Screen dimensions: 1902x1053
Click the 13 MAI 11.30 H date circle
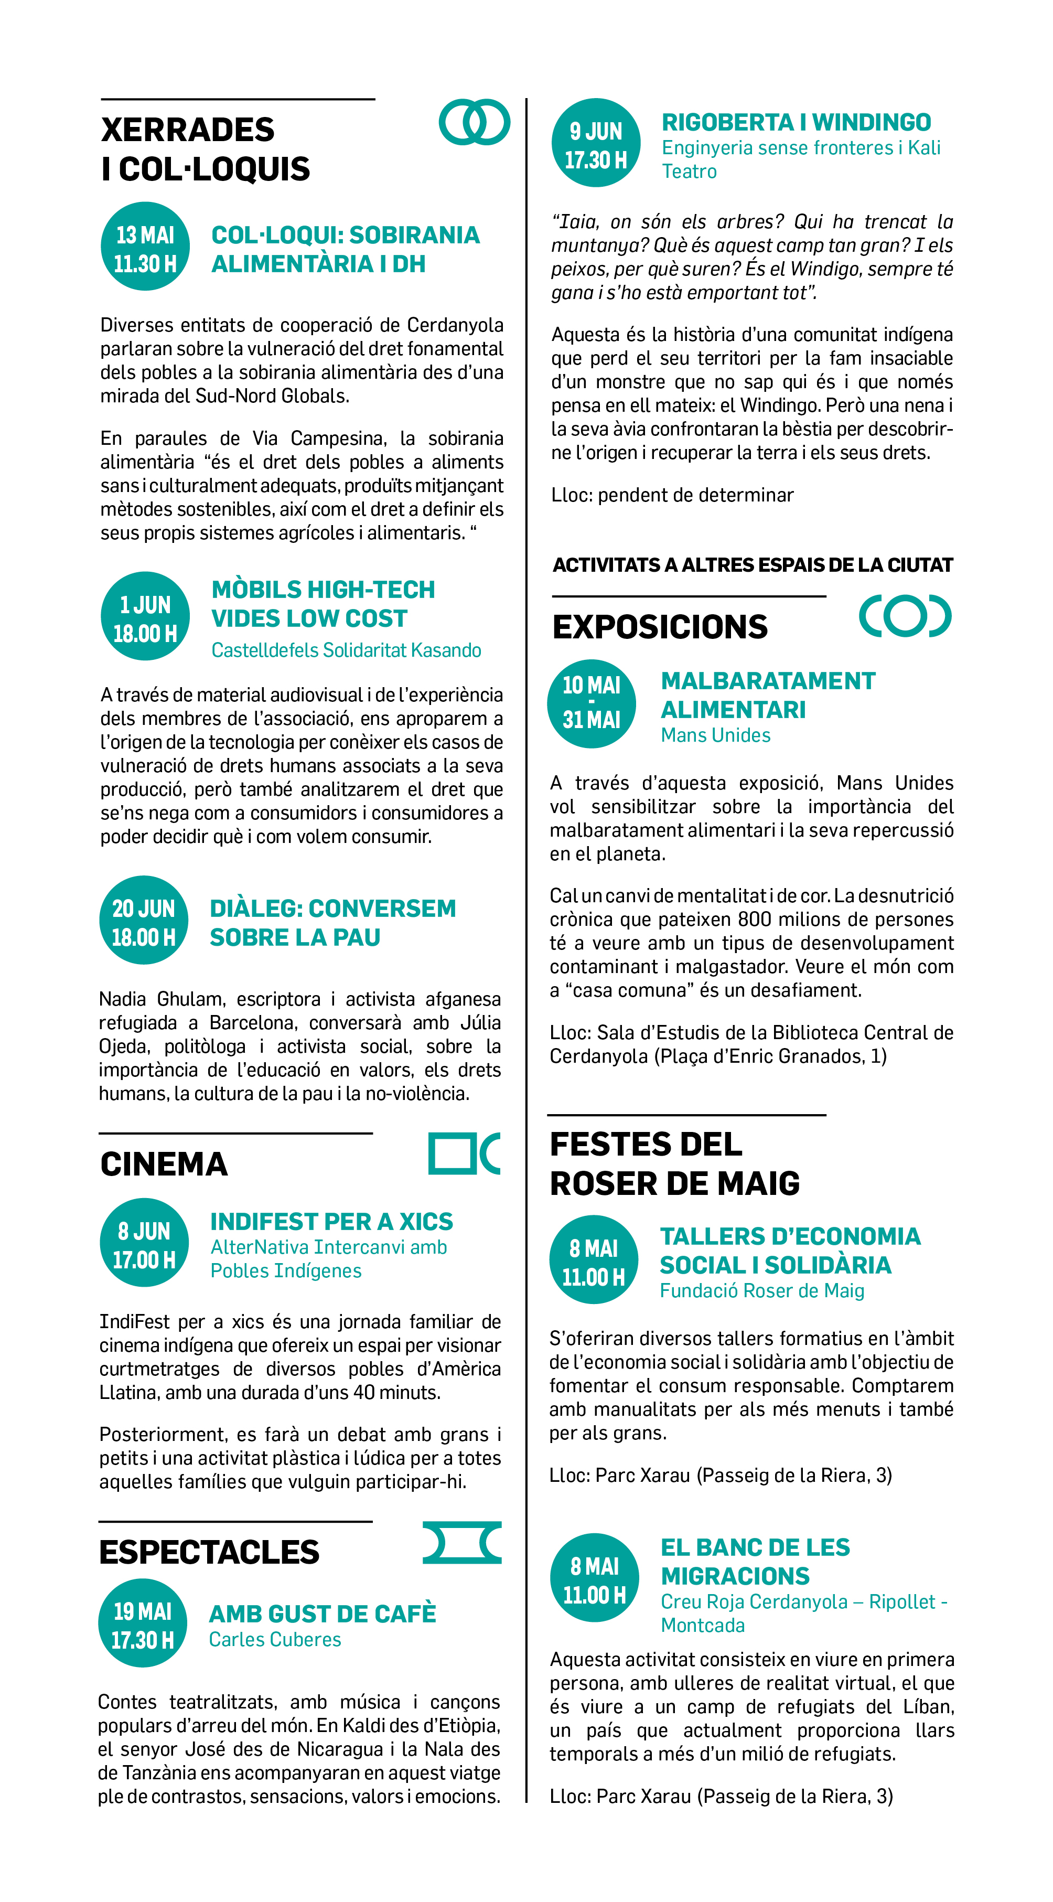coord(145,246)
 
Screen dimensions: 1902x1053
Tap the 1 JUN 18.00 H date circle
coord(145,616)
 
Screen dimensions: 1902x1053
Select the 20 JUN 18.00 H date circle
coord(144,920)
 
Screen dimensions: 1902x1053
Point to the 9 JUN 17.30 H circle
coord(596,143)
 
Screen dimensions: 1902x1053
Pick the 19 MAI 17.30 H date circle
coord(143,1623)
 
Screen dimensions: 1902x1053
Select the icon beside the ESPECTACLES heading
coord(462,1542)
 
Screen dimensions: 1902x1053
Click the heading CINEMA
coord(164,1164)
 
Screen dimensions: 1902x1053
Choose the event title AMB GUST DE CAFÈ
coord(323,1614)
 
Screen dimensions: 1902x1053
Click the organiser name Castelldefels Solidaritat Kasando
coord(346,650)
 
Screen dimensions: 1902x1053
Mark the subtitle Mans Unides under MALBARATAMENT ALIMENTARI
coord(715,735)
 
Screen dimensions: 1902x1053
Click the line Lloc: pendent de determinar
coord(672,495)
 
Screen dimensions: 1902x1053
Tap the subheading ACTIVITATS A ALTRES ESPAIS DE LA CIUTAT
coord(752,565)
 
